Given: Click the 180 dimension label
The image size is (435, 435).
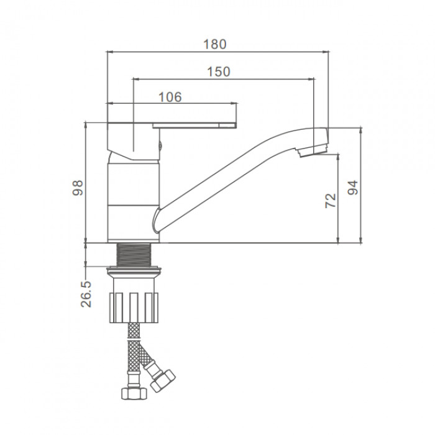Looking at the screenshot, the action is pyautogui.click(x=215, y=44).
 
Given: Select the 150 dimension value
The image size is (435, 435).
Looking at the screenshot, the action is pyautogui.click(x=219, y=72).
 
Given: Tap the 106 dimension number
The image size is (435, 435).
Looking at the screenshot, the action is pyautogui.click(x=170, y=97).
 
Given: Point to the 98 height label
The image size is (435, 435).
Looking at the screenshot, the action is pyautogui.click(x=78, y=188).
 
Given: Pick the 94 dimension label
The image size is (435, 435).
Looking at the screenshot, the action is pyautogui.click(x=353, y=188).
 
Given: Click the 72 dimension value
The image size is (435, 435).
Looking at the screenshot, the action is pyautogui.click(x=331, y=201).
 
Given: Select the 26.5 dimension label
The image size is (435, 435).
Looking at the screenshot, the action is pyautogui.click(x=86, y=294).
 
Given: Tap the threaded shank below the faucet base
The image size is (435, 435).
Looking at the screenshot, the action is pyautogui.click(x=134, y=255).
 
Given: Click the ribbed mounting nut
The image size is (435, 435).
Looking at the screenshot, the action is pyautogui.click(x=134, y=308).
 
